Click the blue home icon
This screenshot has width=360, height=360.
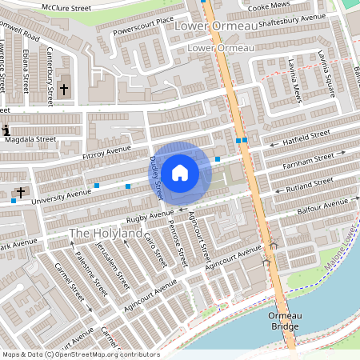(180, 172)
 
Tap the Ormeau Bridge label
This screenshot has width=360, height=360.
(285, 321)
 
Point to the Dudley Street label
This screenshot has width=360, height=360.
(156, 177)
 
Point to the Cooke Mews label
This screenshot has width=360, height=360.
(270, 6)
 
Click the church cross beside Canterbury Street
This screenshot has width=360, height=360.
(63, 90)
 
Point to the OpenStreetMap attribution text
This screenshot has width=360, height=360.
(80, 354)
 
